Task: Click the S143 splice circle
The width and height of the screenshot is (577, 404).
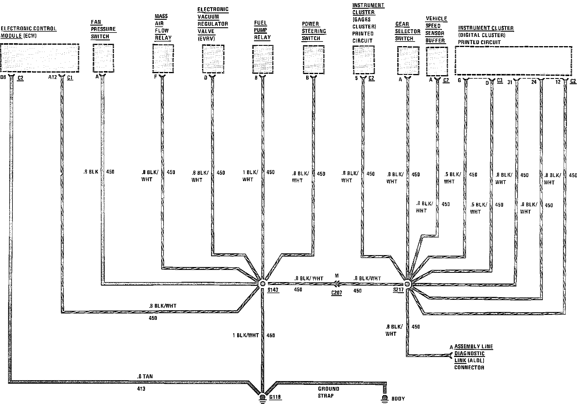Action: [262, 284]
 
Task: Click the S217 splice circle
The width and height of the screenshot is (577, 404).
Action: [407, 284]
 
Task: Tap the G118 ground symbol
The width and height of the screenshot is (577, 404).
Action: [262, 397]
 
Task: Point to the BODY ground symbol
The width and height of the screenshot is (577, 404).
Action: [385, 398]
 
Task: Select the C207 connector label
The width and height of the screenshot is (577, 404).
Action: [336, 293]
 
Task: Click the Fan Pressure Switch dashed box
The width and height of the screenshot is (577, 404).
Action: [103, 58]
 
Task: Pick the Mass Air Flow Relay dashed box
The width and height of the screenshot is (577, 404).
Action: [163, 59]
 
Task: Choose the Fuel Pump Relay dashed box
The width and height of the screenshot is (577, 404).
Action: [263, 59]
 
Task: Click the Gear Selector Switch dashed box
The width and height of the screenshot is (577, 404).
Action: [408, 60]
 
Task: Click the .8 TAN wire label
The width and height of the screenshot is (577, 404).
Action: [145, 376]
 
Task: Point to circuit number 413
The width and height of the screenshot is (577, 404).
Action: [141, 389]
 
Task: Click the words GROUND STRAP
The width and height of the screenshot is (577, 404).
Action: [328, 392]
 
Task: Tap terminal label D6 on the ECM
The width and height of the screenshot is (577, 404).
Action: [3, 77]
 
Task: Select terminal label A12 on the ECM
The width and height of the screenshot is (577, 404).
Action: [52, 77]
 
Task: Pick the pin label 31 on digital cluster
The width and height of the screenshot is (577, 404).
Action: [509, 82]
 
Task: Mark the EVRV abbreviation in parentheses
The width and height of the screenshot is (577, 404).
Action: [206, 38]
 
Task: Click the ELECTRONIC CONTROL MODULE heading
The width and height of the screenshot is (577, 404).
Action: [28, 32]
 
